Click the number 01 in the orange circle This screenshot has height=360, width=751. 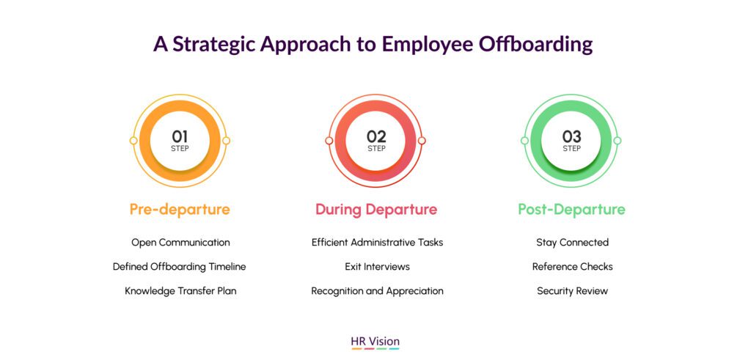coord(180,137)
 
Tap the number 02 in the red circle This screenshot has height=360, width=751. coord(376,137)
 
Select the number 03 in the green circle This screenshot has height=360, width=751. coord(572,137)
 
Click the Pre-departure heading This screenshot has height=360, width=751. coord(180,210)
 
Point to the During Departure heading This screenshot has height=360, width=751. coord(376,210)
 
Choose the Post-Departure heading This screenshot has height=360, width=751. coord(572,210)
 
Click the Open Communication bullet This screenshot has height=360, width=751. coord(180,242)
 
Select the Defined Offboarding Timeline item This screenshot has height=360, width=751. coord(179,267)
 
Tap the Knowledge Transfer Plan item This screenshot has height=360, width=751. coord(180,290)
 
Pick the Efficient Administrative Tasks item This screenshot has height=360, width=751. coord(378,242)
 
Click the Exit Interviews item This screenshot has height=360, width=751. coord(378,267)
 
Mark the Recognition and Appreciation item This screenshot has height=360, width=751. coord(378,291)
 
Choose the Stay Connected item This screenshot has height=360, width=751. coord(572,242)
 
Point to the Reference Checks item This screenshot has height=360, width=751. coord(572,267)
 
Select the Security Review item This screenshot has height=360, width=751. coord(572,291)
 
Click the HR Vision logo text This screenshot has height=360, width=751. coord(375,342)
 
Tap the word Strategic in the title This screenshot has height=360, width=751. coord(215,44)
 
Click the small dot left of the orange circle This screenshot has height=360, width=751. coord(133,141)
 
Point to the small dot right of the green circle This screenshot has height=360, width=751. coord(618,141)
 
